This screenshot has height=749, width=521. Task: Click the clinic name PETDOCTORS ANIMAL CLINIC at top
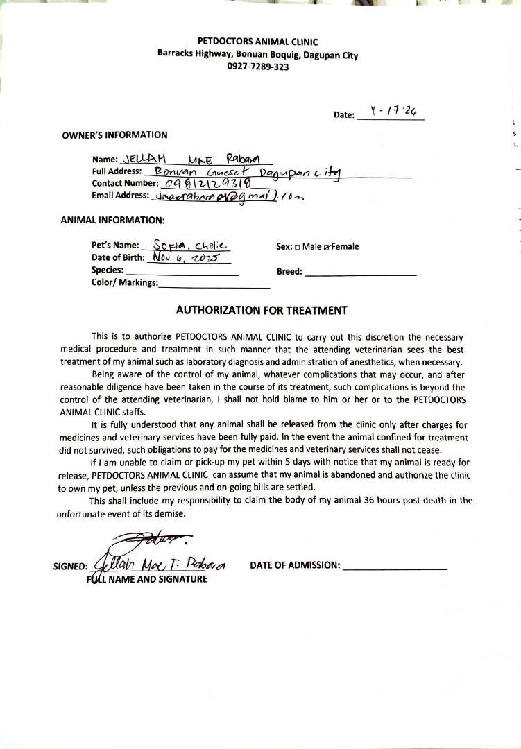(257, 42)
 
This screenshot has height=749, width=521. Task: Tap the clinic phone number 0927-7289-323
(257, 67)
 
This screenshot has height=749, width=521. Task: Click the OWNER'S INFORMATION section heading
(114, 135)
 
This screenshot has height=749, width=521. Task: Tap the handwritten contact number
(205, 183)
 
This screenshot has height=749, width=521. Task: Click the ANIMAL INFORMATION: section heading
(113, 221)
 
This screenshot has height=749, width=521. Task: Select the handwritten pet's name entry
(186, 246)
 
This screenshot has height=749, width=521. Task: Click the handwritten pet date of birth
(186, 257)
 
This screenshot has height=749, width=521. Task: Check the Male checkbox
(298, 246)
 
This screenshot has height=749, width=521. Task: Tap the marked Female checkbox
(327, 246)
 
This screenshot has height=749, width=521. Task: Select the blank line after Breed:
(361, 272)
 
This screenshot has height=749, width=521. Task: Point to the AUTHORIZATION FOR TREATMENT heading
(262, 311)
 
